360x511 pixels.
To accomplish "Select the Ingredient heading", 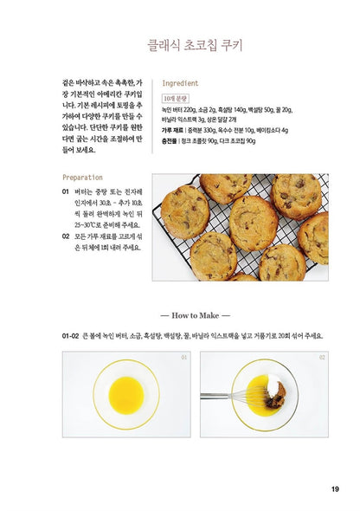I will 181,83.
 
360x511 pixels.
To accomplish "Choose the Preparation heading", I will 83,177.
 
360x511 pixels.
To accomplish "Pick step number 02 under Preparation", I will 66,235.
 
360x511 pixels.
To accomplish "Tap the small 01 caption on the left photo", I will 183,356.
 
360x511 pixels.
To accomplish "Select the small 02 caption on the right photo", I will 321,356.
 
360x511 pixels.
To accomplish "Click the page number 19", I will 335,489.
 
